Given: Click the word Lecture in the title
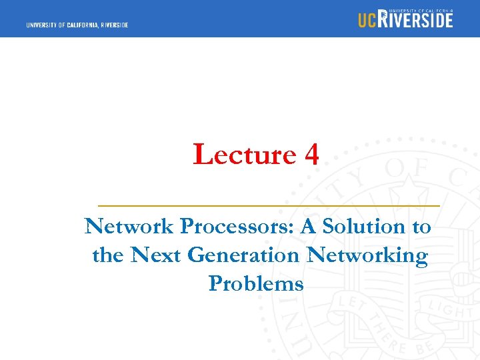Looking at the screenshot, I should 244,155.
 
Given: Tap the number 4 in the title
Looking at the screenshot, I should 311,155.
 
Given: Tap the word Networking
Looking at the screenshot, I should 367,256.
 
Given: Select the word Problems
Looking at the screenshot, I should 256,284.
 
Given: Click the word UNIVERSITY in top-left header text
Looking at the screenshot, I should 43,25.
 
